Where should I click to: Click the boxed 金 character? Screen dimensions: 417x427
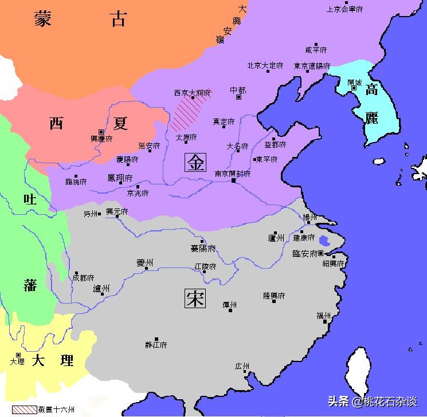point(195,163)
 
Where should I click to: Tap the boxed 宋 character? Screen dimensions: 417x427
point(195,298)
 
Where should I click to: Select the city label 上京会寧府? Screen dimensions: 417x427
point(344,9)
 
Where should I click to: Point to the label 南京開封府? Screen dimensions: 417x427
point(233,174)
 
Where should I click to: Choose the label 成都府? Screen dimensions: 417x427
point(83,277)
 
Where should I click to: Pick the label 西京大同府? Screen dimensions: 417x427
point(192,92)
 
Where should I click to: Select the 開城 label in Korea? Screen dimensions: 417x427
point(355,82)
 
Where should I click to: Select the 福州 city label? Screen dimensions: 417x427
point(324,316)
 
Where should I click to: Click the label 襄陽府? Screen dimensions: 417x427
point(203,248)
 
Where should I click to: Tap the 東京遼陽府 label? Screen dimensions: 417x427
point(312,66)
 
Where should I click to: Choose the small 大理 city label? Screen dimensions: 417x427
point(17,361)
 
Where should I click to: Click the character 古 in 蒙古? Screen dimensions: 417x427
point(119,21)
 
